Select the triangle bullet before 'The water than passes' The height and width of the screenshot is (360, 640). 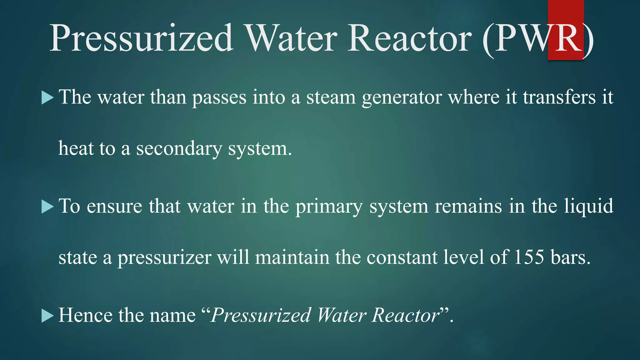(x=47, y=98)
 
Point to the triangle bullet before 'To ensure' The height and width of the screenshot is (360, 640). (x=47, y=207)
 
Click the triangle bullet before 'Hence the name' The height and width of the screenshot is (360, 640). (x=47, y=316)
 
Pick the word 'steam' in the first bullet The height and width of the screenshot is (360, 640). (x=331, y=97)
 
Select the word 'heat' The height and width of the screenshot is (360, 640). (x=76, y=148)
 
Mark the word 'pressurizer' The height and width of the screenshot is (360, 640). (x=164, y=258)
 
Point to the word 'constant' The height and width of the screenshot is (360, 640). (x=402, y=257)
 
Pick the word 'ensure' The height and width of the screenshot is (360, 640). (x=114, y=207)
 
